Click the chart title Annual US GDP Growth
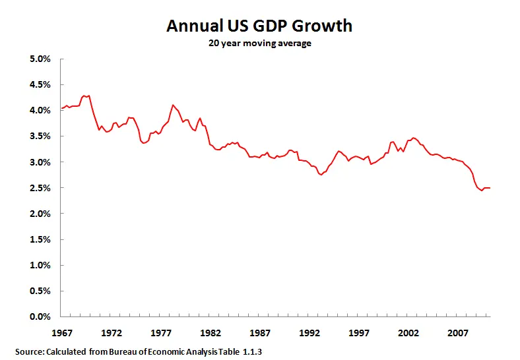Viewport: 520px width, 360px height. (x=259, y=26)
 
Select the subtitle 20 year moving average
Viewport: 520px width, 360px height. (x=259, y=45)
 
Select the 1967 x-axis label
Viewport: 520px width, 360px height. (x=61, y=330)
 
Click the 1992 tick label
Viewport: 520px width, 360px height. (x=309, y=330)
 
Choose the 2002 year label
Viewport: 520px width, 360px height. (x=408, y=330)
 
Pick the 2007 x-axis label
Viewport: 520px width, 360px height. (x=458, y=330)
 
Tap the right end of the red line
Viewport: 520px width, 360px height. (x=490, y=188)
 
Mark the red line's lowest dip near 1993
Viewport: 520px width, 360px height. (x=321, y=175)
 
